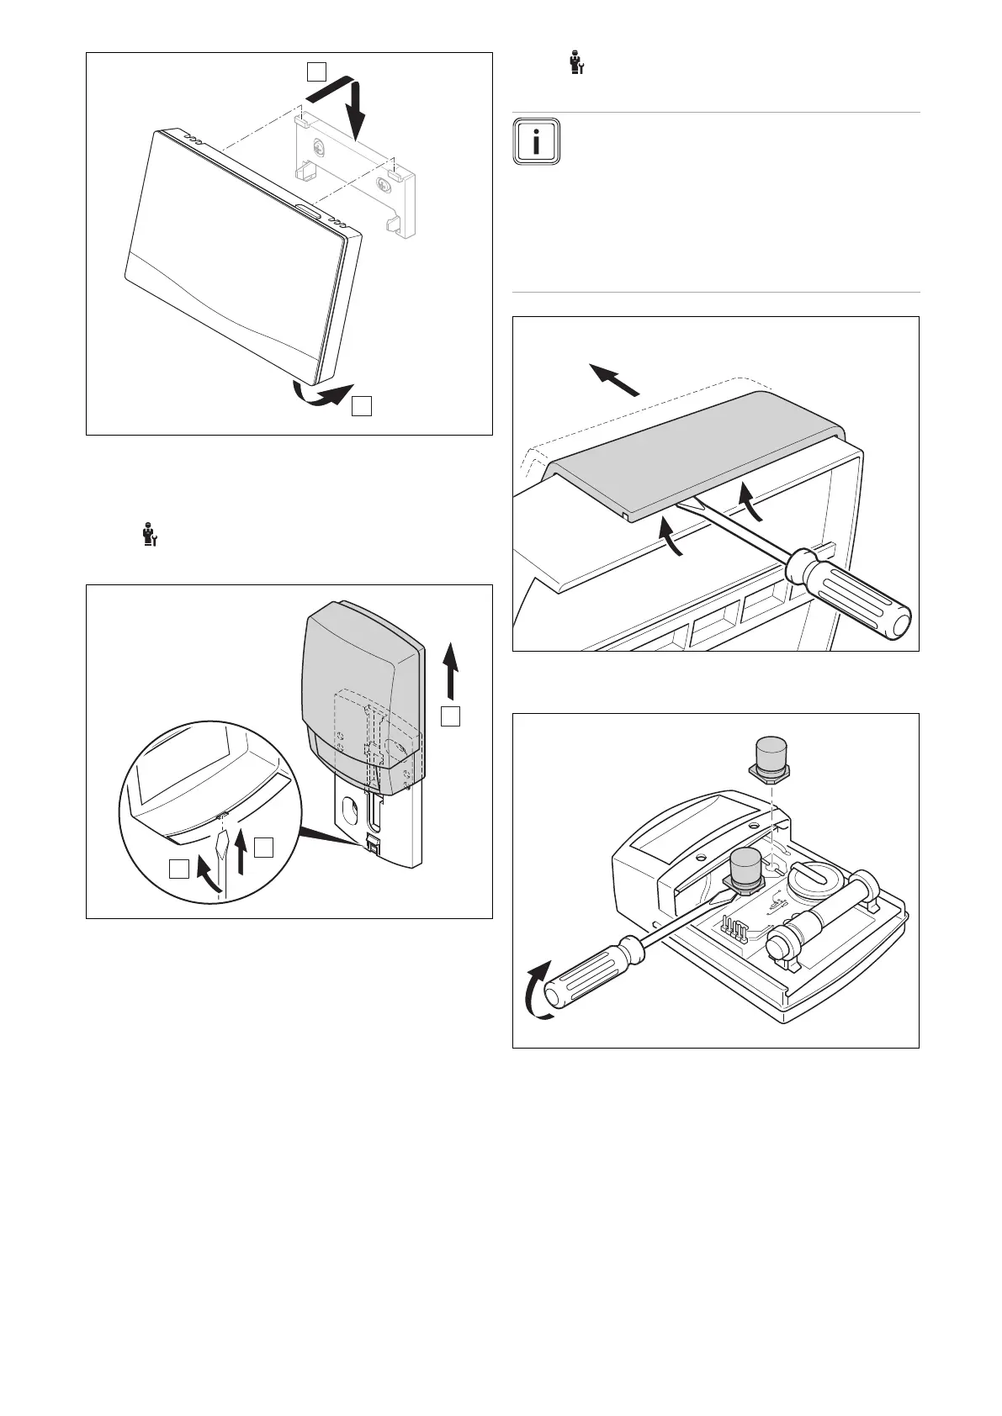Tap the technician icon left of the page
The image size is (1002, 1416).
point(150,536)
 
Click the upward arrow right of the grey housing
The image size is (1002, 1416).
point(453,668)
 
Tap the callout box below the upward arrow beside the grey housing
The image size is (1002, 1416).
point(453,716)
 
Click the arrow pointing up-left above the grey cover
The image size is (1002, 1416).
point(614,378)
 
